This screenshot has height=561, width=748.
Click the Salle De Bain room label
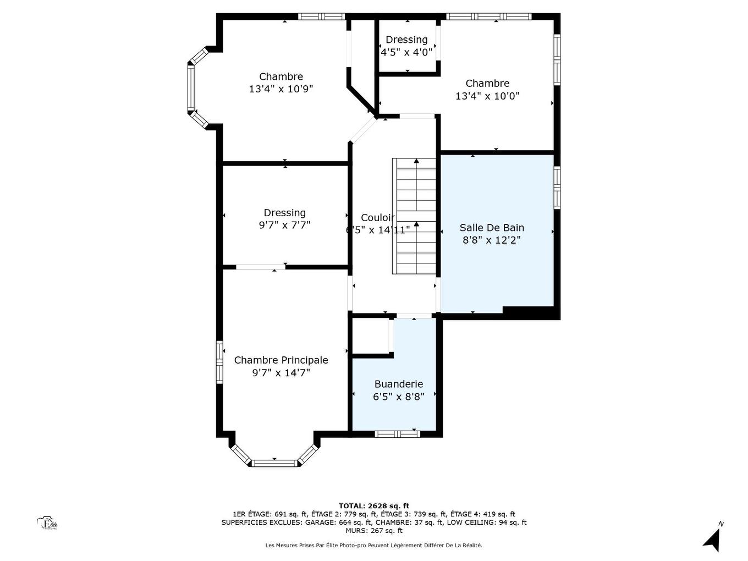point(492,228)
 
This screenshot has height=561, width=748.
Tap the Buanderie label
point(398,384)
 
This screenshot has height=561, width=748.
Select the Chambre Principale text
point(281,360)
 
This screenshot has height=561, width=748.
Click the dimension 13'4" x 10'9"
point(281,89)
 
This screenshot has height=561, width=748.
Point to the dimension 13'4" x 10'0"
point(487,96)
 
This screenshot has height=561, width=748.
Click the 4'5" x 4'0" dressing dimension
point(406,52)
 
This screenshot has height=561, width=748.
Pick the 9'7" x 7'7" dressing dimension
point(284,225)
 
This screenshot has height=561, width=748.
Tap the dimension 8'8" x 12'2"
point(492,240)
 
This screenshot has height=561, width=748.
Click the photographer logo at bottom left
point(47,523)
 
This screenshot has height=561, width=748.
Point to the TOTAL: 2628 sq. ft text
point(373,505)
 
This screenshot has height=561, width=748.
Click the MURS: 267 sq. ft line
point(373,531)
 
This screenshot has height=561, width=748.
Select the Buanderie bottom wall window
point(397,434)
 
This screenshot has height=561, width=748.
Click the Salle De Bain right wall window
point(557,188)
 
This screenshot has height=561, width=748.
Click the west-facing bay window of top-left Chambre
point(191,87)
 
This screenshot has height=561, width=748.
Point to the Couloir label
point(377,217)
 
